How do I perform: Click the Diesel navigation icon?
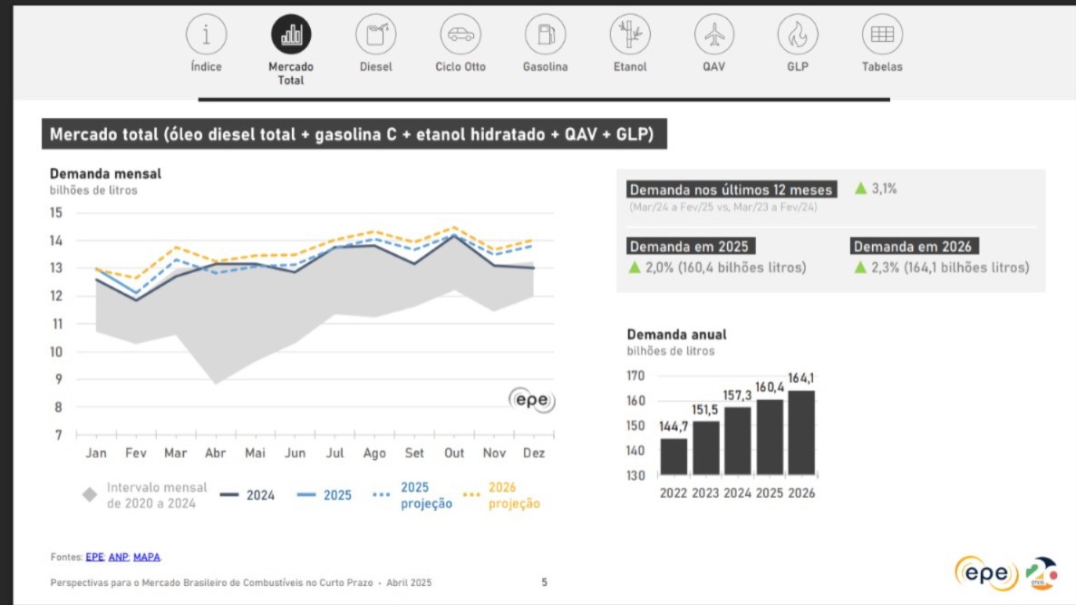coord(375,34)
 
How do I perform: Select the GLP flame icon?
coord(797,34)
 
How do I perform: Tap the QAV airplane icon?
coord(713,34)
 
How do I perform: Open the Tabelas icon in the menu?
coord(881,34)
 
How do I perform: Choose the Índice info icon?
coord(206,34)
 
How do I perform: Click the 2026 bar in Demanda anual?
coord(801,433)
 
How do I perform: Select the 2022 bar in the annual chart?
coord(674,456)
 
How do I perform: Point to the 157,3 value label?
coord(737,396)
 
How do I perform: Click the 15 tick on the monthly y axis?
coord(56,213)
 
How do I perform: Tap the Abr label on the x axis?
coord(215,453)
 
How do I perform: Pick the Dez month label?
coord(534,453)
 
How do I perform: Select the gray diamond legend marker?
coord(90,495)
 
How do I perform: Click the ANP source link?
coord(118,556)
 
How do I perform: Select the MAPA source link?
coord(146,556)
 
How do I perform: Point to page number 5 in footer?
coord(544,582)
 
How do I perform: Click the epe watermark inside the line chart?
coord(531,400)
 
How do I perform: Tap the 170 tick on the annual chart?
coord(635,376)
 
